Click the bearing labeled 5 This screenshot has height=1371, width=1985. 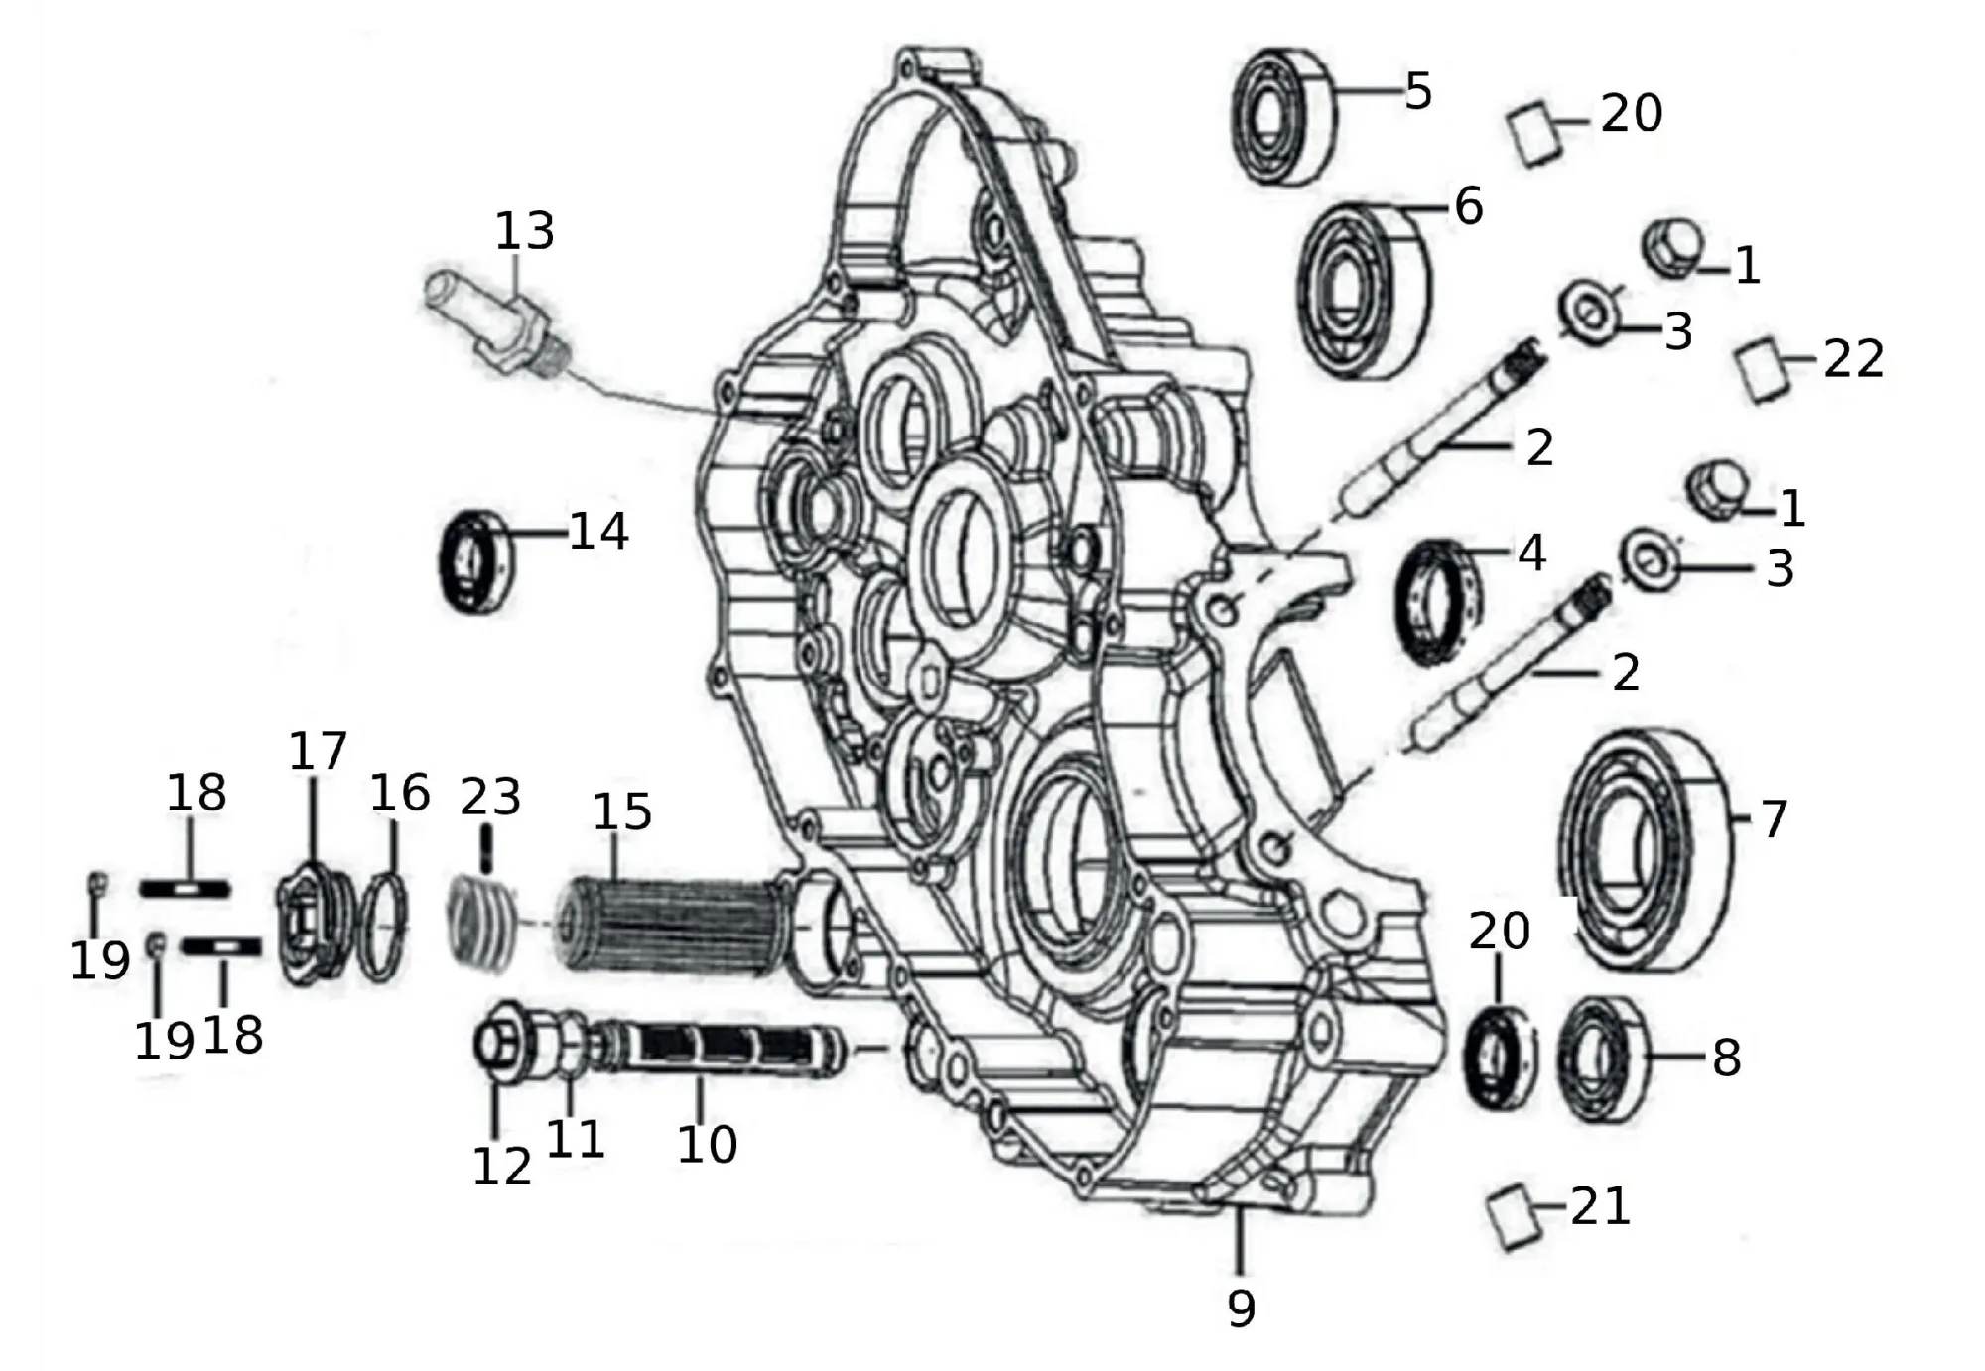click(1282, 115)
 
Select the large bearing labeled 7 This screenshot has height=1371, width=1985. click(1644, 850)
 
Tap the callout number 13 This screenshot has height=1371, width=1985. click(524, 231)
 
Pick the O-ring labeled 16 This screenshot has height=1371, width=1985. click(383, 927)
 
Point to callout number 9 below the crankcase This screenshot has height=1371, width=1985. click(1241, 1308)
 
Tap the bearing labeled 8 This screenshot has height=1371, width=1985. click(1600, 1058)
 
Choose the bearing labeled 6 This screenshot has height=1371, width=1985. click(1364, 290)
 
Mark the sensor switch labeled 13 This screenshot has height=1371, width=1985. click(496, 325)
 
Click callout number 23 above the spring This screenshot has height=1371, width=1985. click(490, 797)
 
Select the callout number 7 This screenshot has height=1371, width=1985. click(1773, 819)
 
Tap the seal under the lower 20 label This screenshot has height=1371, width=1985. click(1499, 1058)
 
